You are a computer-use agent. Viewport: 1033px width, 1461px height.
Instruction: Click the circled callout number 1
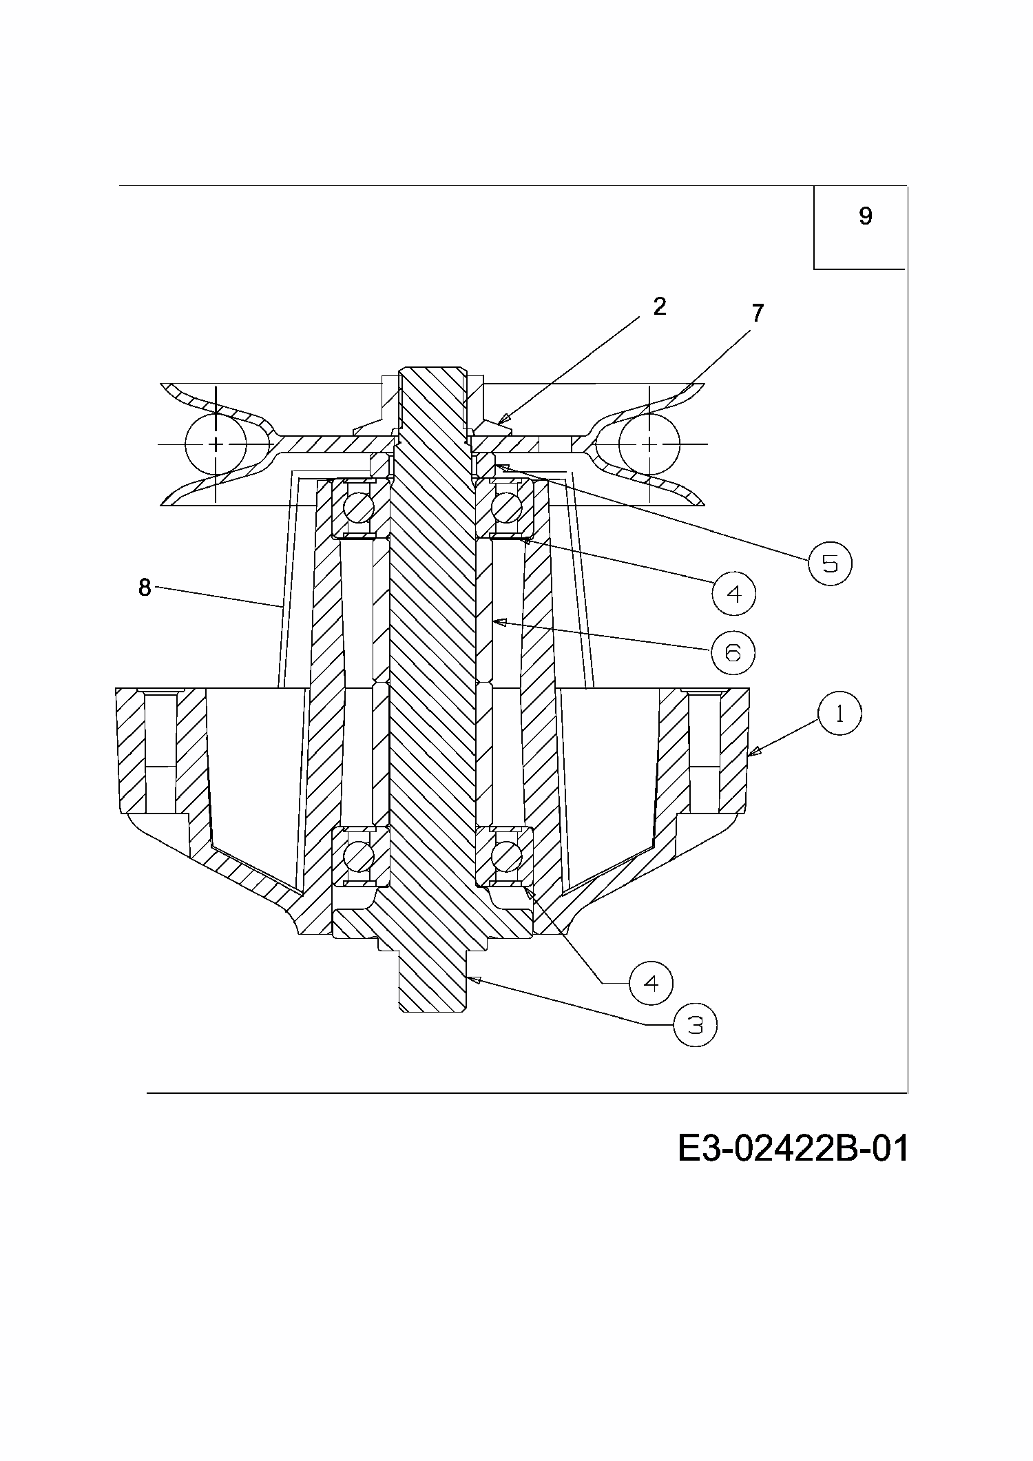[x=839, y=714]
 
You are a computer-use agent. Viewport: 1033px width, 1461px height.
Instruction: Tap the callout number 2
[x=659, y=307]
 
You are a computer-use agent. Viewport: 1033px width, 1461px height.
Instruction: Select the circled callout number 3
[x=696, y=1026]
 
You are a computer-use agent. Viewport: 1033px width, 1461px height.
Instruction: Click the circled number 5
[x=830, y=563]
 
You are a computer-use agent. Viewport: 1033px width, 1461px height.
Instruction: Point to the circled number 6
[x=733, y=652]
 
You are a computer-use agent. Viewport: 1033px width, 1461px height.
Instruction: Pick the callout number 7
[x=758, y=313]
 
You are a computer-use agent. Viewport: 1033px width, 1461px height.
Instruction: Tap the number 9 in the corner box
[x=865, y=216]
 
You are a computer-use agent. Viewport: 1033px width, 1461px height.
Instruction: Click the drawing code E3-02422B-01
[x=793, y=1148]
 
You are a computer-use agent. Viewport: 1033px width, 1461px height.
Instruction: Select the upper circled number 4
[x=734, y=592]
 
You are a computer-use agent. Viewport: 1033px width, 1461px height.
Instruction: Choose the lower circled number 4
[x=651, y=983]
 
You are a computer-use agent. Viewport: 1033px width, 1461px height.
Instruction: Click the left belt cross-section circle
[x=216, y=444]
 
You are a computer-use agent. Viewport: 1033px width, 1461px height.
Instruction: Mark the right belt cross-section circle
[x=649, y=444]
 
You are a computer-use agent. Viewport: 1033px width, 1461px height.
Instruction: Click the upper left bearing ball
[x=359, y=508]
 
